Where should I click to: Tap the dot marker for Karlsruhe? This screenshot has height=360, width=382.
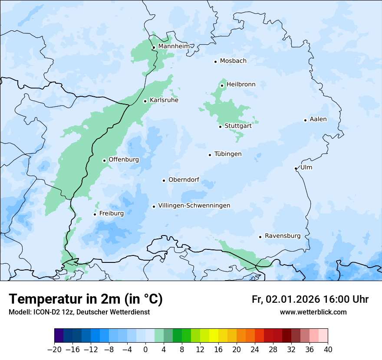click(x=145, y=101)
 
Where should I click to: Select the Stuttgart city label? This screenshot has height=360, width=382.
click(x=238, y=126)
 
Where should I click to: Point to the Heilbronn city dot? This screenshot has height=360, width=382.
click(x=222, y=85)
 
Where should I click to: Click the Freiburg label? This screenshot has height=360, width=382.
click(x=111, y=213)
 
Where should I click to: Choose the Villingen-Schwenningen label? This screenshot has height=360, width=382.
click(x=194, y=206)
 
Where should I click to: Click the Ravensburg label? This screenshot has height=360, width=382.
click(x=282, y=236)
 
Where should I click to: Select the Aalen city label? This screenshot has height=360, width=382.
click(x=318, y=119)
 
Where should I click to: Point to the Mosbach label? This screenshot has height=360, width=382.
click(x=233, y=61)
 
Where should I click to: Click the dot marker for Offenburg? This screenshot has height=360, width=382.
click(x=105, y=160)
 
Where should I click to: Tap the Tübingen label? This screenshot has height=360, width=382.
click(x=228, y=154)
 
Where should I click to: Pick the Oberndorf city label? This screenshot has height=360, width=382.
click(x=184, y=180)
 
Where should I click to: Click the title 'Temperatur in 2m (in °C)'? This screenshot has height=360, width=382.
click(x=86, y=299)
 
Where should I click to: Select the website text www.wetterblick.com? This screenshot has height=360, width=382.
click(x=313, y=312)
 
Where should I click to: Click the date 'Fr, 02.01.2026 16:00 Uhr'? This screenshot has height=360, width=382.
click(x=310, y=299)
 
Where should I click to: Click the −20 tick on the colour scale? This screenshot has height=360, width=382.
click(x=55, y=350)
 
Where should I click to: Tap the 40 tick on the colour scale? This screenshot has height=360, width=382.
click(x=328, y=350)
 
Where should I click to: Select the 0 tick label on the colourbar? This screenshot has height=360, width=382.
click(x=145, y=350)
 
